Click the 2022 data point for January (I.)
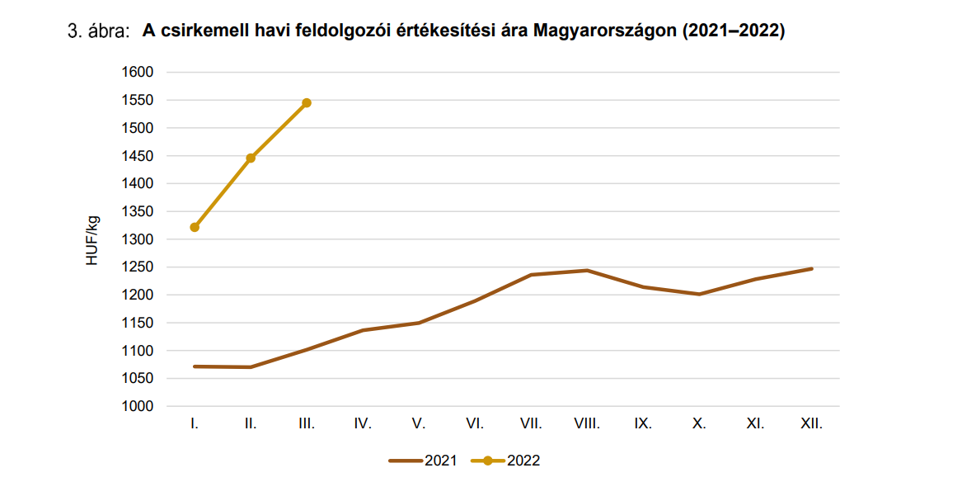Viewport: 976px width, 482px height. (195, 227)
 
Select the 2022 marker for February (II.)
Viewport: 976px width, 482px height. (251, 158)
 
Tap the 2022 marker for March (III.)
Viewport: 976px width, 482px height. (307, 102)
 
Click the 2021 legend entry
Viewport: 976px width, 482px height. (425, 461)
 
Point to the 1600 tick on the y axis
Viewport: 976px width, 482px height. (138, 73)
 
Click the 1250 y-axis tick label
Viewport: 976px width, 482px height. (138, 267)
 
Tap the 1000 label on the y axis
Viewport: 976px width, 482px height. (138, 407)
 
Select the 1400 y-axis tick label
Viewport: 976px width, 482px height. (138, 184)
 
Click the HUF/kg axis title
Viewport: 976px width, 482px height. (92, 239)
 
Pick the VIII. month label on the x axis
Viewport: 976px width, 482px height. (587, 424)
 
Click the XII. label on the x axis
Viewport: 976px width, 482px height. (811, 424)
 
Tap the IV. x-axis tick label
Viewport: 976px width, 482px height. (363, 424)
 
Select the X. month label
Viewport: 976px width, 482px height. (699, 424)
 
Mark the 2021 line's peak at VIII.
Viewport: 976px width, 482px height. (587, 270)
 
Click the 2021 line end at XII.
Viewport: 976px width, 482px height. (811, 268)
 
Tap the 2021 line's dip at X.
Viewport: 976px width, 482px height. (699, 294)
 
